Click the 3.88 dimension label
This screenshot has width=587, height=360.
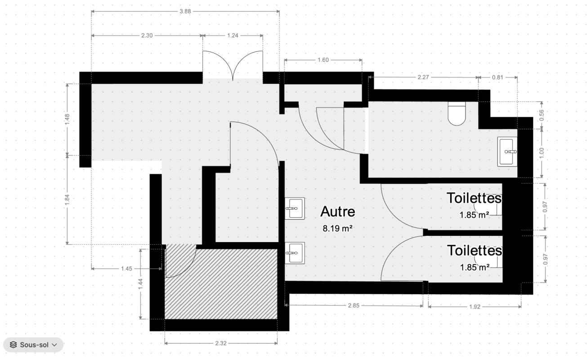(x=185, y=12)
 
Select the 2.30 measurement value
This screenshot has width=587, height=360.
(x=147, y=36)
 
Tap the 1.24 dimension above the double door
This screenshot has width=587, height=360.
(x=233, y=36)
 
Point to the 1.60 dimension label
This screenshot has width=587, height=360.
(x=323, y=60)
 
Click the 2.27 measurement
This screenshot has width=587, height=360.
(x=423, y=77)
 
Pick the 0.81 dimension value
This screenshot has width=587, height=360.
(x=497, y=77)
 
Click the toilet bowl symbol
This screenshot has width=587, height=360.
(x=457, y=113)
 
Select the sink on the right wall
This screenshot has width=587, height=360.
(x=507, y=152)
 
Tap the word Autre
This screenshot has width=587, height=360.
(x=338, y=211)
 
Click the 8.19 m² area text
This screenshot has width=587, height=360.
(x=337, y=229)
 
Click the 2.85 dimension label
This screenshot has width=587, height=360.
(x=354, y=306)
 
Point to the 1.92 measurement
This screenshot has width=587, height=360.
(x=475, y=307)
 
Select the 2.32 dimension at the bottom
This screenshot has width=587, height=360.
(x=221, y=343)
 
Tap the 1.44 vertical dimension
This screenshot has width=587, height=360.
(x=141, y=284)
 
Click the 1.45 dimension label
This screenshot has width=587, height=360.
(x=126, y=269)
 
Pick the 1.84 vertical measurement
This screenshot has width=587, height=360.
(x=67, y=200)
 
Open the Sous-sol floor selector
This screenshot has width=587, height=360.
(x=34, y=345)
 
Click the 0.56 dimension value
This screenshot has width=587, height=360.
(x=542, y=115)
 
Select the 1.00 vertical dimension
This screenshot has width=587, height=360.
(x=542, y=153)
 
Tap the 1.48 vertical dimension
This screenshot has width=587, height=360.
(x=67, y=120)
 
